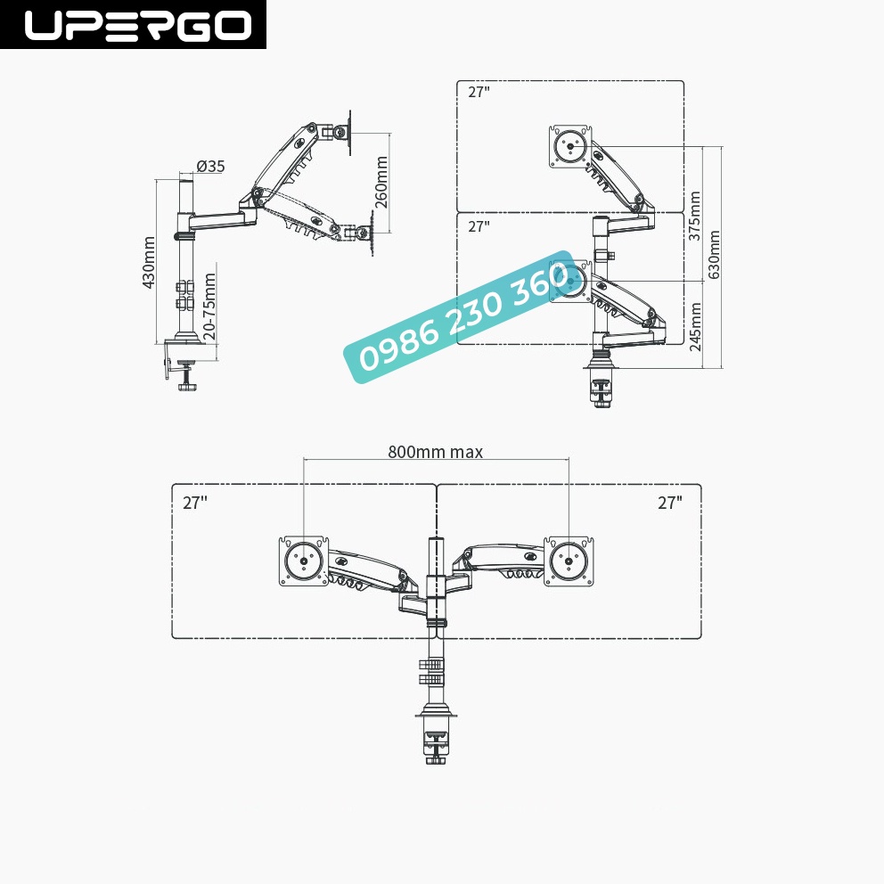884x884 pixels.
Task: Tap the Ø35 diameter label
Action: pos(210,166)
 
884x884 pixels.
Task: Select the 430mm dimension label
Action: pos(149,262)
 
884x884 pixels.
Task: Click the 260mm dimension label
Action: pos(381,182)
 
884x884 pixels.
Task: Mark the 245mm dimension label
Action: pos(695,325)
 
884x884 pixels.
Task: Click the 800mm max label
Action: pos(435,452)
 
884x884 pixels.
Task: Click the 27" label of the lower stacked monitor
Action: pos(479,226)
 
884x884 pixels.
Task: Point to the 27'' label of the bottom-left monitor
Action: pos(194,503)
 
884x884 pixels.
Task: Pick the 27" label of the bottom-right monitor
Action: pos(669,503)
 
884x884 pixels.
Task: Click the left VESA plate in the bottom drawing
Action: pos(304,561)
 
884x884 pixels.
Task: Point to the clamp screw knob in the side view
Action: pos(187,385)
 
